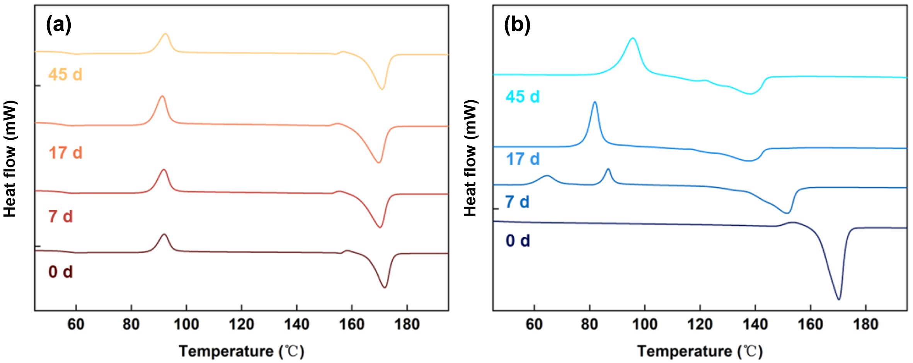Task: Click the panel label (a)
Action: pos(58,26)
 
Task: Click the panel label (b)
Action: pos(517,26)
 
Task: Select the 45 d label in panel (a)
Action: pos(65,74)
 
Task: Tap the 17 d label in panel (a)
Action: pos(65,153)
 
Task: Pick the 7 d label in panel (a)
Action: pos(61,216)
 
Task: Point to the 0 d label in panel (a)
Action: pos(61,272)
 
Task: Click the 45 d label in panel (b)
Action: pos(523,96)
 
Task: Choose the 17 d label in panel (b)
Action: pos(523,159)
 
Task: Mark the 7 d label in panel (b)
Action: pos(517,202)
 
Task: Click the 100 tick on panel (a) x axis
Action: pos(186,324)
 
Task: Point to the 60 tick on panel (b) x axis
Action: pos(534,324)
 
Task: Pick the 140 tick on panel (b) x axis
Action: pos(755,324)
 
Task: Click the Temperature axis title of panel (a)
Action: pos(242,351)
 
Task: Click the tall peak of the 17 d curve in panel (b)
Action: pos(594,102)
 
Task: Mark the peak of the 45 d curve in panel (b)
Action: pos(633,38)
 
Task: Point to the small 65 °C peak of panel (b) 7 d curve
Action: pos(547,176)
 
